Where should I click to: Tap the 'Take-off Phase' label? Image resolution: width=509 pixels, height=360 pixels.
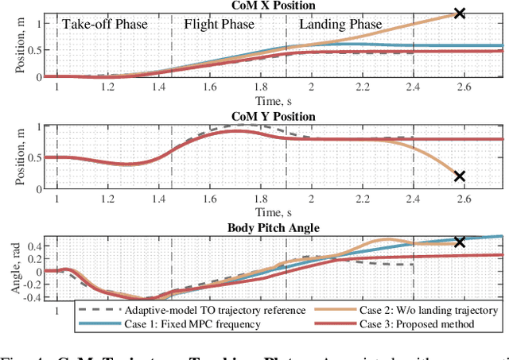[x=105, y=25]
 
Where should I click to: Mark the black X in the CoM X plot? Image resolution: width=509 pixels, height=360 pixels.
[x=459, y=14]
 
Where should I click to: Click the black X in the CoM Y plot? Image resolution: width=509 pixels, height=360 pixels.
[x=459, y=176]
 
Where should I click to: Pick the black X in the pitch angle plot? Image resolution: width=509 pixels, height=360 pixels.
[x=459, y=242]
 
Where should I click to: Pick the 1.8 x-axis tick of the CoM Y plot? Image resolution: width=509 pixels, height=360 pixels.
[x=258, y=200]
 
